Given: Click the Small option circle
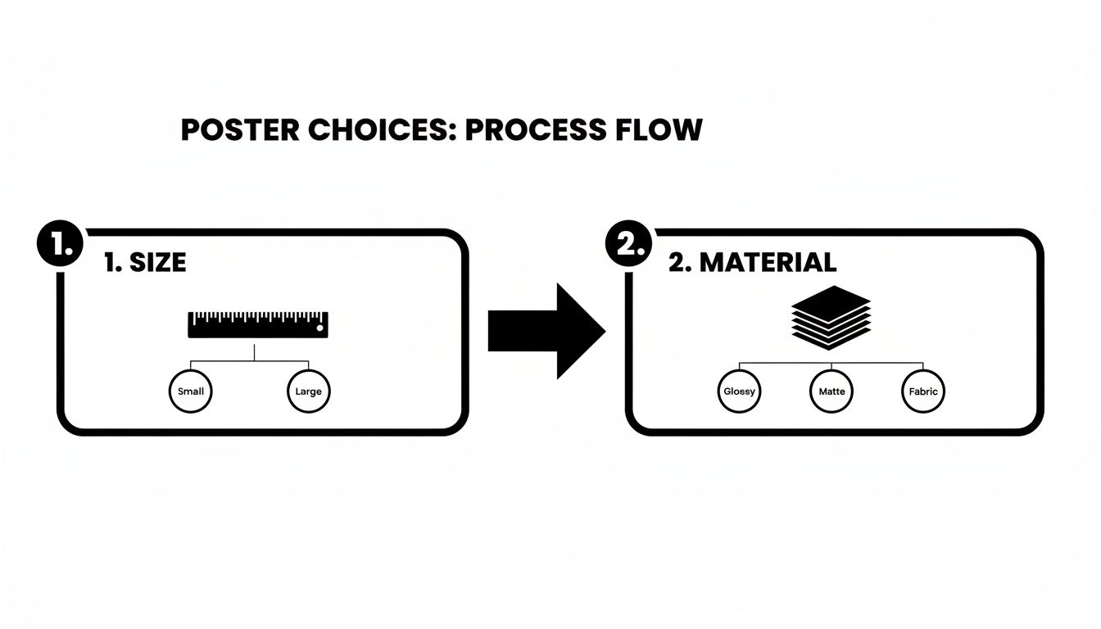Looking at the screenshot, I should [191, 391].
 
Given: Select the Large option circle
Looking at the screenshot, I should [309, 391].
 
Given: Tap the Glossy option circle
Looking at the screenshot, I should [739, 391].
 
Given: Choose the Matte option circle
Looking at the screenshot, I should [831, 391].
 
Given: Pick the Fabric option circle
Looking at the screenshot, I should [923, 391].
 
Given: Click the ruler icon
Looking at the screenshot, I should [257, 324].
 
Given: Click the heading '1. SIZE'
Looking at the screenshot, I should [146, 263].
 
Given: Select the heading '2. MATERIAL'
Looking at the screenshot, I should [752, 263].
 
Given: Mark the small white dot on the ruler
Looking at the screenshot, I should [320, 331].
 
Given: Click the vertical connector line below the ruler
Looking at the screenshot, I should [255, 352].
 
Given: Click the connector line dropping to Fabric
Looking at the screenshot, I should [923, 368].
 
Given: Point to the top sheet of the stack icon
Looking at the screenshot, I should [831, 296].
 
